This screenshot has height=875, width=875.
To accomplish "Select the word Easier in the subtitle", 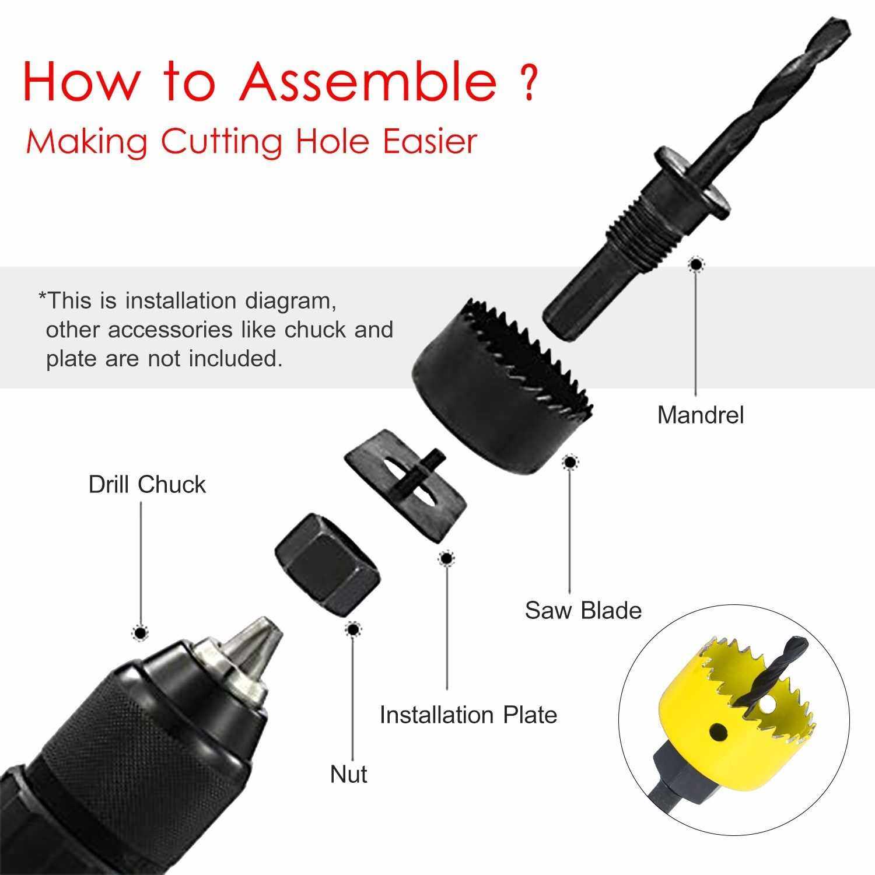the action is pyautogui.click(x=430, y=142).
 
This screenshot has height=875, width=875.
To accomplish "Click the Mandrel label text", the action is pyautogui.click(x=701, y=415).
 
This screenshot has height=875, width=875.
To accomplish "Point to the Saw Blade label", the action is pyautogui.click(x=583, y=610).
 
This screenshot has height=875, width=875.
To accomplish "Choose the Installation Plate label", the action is pyautogui.click(x=468, y=715).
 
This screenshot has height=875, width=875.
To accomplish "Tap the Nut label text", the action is pyautogui.click(x=349, y=775).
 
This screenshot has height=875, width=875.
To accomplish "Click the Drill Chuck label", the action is pyautogui.click(x=147, y=485).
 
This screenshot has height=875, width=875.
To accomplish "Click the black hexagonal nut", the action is pyautogui.click(x=328, y=565).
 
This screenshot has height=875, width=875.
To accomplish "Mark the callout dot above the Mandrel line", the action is pyautogui.click(x=695, y=265).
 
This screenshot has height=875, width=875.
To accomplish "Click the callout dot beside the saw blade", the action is pyautogui.click(x=570, y=463).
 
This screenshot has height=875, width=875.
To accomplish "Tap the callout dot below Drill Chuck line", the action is pyautogui.click(x=140, y=632).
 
